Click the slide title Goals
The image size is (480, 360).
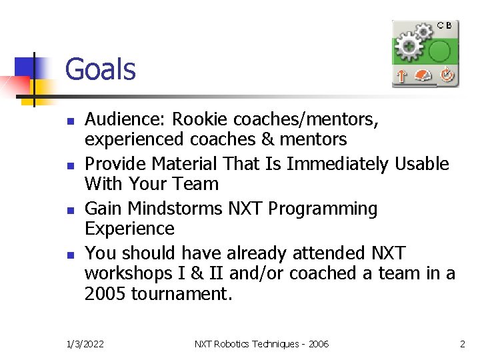[x=100, y=69]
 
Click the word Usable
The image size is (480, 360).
[x=422, y=164]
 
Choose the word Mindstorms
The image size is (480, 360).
[x=175, y=209]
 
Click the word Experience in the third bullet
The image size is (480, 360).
[x=129, y=229]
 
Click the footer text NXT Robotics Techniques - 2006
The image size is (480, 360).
[x=261, y=344]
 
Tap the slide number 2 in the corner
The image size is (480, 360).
[x=462, y=344]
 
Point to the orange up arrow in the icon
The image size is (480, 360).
[x=401, y=76]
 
